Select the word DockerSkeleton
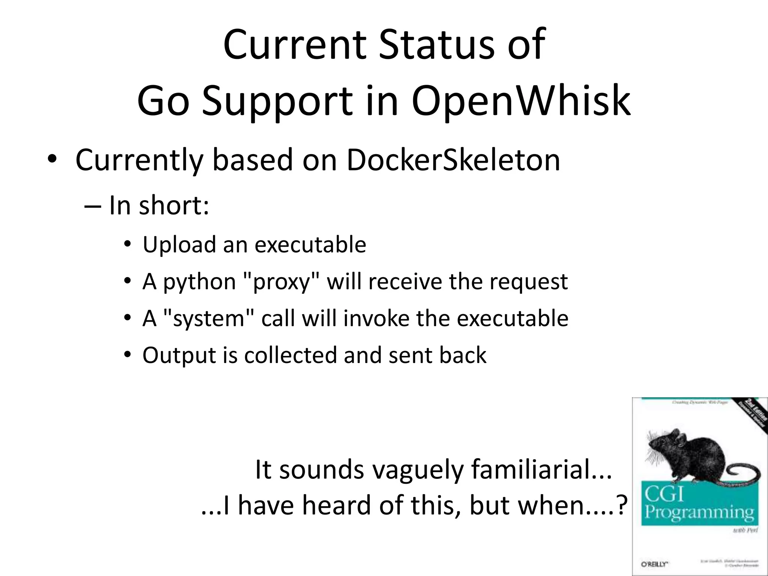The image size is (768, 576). point(453,160)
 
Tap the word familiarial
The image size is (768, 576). point(541,469)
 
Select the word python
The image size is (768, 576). point(199,282)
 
